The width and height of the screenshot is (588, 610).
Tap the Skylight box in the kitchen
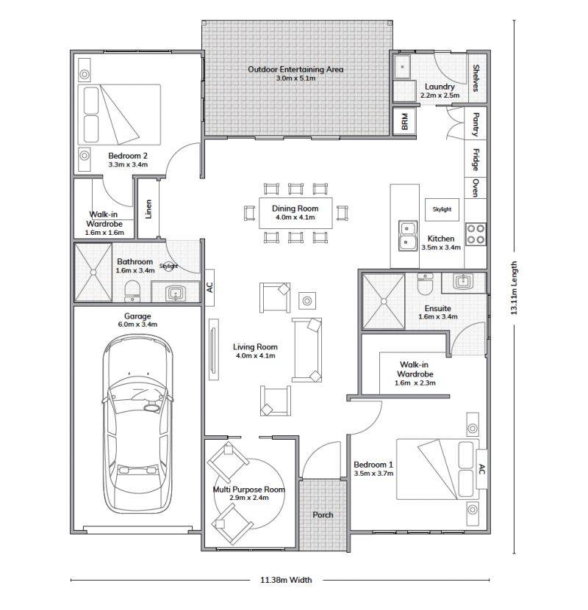tap(442, 209)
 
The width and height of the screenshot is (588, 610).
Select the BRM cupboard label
tap(404, 121)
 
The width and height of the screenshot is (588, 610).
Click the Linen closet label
tap(148, 209)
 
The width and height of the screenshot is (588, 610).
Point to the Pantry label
tap(476, 124)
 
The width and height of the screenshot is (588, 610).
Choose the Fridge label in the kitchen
tap(476, 159)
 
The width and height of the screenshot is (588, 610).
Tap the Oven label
tap(476, 188)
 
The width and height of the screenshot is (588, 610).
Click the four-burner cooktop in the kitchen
tap(476, 234)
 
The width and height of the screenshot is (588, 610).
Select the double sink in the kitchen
tap(407, 236)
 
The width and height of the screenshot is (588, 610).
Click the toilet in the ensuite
tap(424, 283)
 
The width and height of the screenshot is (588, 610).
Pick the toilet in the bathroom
tap(132, 291)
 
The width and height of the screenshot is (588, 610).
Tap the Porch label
tap(323, 515)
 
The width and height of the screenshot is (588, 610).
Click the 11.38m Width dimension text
tap(286, 580)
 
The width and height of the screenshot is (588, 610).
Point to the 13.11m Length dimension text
tap(514, 288)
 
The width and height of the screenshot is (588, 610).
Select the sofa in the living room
tap(307, 349)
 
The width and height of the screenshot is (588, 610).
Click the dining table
tap(295, 213)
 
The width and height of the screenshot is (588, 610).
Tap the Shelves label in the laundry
tap(476, 78)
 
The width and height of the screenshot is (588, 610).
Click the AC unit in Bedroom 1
tap(481, 469)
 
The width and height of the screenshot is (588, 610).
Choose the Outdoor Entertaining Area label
tap(295, 69)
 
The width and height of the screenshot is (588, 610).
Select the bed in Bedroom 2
tap(119, 115)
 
